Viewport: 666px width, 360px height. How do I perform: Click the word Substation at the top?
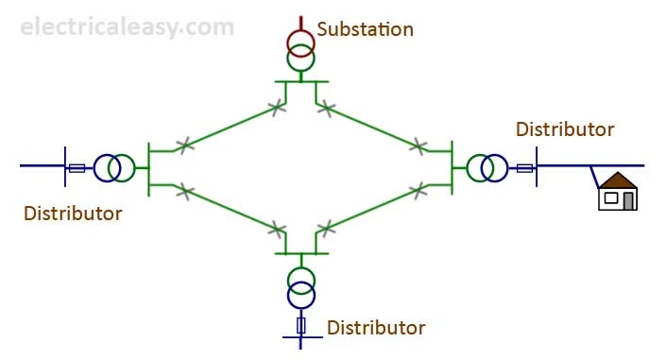(365, 29)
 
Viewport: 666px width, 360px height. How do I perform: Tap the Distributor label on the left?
(73, 214)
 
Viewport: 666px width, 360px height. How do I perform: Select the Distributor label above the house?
(565, 129)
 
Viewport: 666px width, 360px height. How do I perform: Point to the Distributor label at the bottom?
(376, 329)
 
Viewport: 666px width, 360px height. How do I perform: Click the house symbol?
(619, 191)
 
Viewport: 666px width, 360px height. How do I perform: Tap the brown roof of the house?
(619, 180)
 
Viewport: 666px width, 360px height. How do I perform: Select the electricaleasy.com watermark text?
(127, 26)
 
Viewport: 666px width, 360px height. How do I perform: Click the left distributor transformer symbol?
(113, 168)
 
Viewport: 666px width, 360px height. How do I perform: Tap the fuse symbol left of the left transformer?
(77, 168)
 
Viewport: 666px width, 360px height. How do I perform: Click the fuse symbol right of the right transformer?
(524, 168)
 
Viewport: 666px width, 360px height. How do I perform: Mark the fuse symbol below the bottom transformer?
(301, 326)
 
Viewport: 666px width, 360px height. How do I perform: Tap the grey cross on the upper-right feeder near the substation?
(326, 107)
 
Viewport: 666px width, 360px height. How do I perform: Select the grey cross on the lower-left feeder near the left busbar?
(186, 192)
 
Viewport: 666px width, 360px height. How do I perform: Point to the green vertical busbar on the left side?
(149, 168)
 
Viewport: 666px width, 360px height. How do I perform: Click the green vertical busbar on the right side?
(453, 168)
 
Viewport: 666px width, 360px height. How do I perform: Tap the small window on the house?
(611, 198)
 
